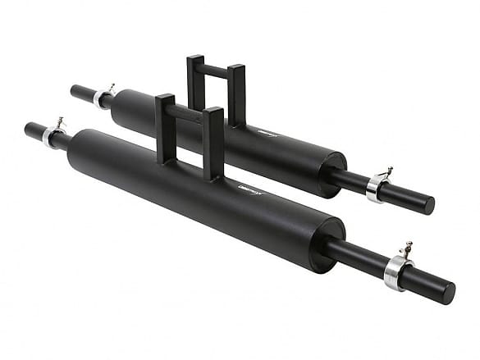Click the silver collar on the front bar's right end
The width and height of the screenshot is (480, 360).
tap(395, 271)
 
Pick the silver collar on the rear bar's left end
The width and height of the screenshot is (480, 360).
tap(100, 98)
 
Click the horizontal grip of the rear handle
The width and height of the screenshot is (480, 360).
tap(214, 70)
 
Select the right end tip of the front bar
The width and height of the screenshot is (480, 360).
tap(449, 293)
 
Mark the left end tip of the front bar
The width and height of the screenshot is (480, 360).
tap(28, 129)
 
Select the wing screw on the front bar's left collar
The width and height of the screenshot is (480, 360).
tap(59, 122)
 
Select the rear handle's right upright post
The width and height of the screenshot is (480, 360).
tap(236, 94)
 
